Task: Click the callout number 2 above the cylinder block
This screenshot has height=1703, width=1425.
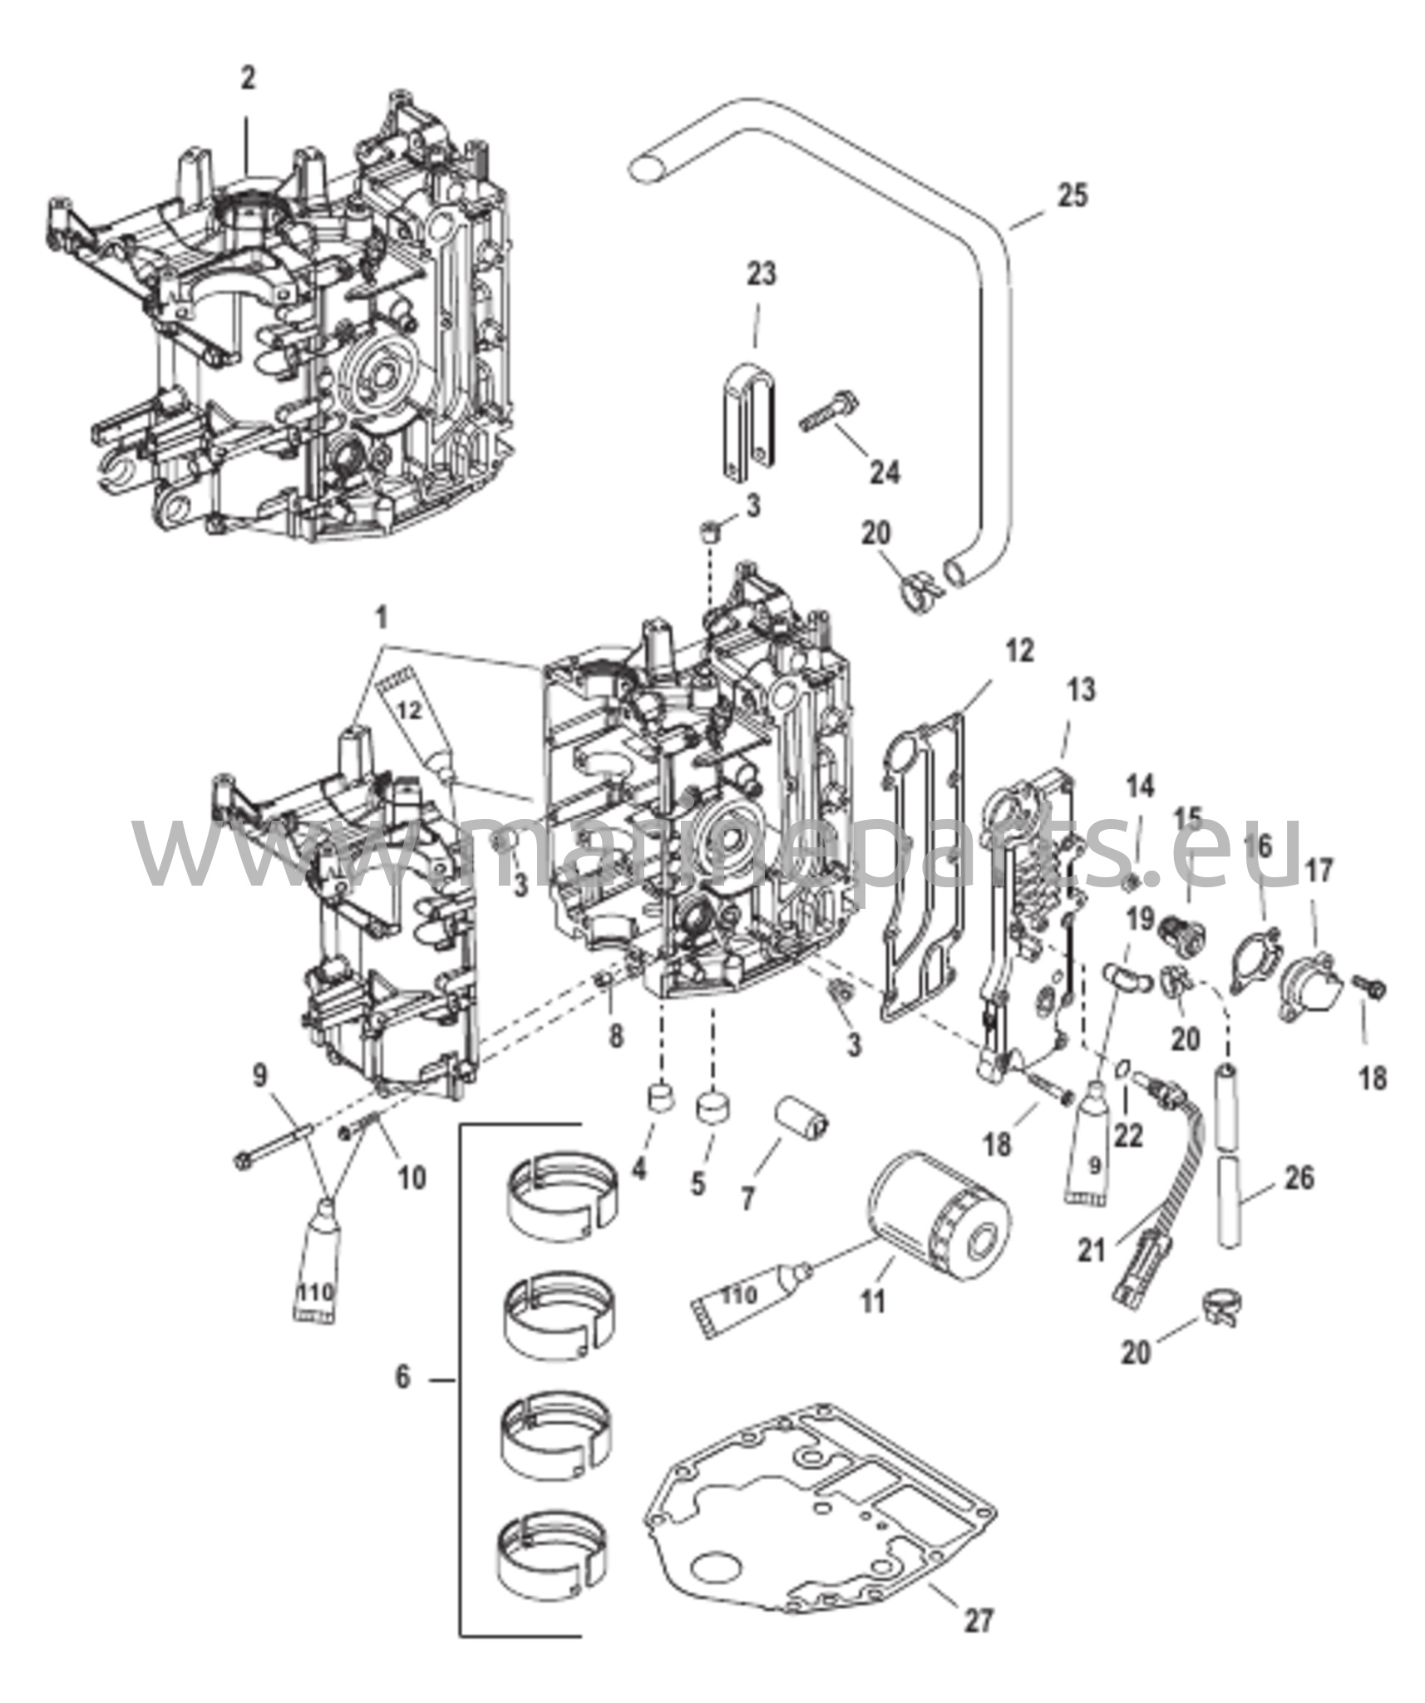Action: (x=248, y=79)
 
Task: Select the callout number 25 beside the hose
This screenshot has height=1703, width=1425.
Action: (x=1072, y=196)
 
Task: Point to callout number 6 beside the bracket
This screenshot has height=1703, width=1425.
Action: (x=402, y=1377)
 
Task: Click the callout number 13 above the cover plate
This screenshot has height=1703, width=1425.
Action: (x=1082, y=690)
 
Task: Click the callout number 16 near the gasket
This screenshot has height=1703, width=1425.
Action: (x=1259, y=848)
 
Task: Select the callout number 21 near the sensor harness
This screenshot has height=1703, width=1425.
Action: (x=1092, y=1249)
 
